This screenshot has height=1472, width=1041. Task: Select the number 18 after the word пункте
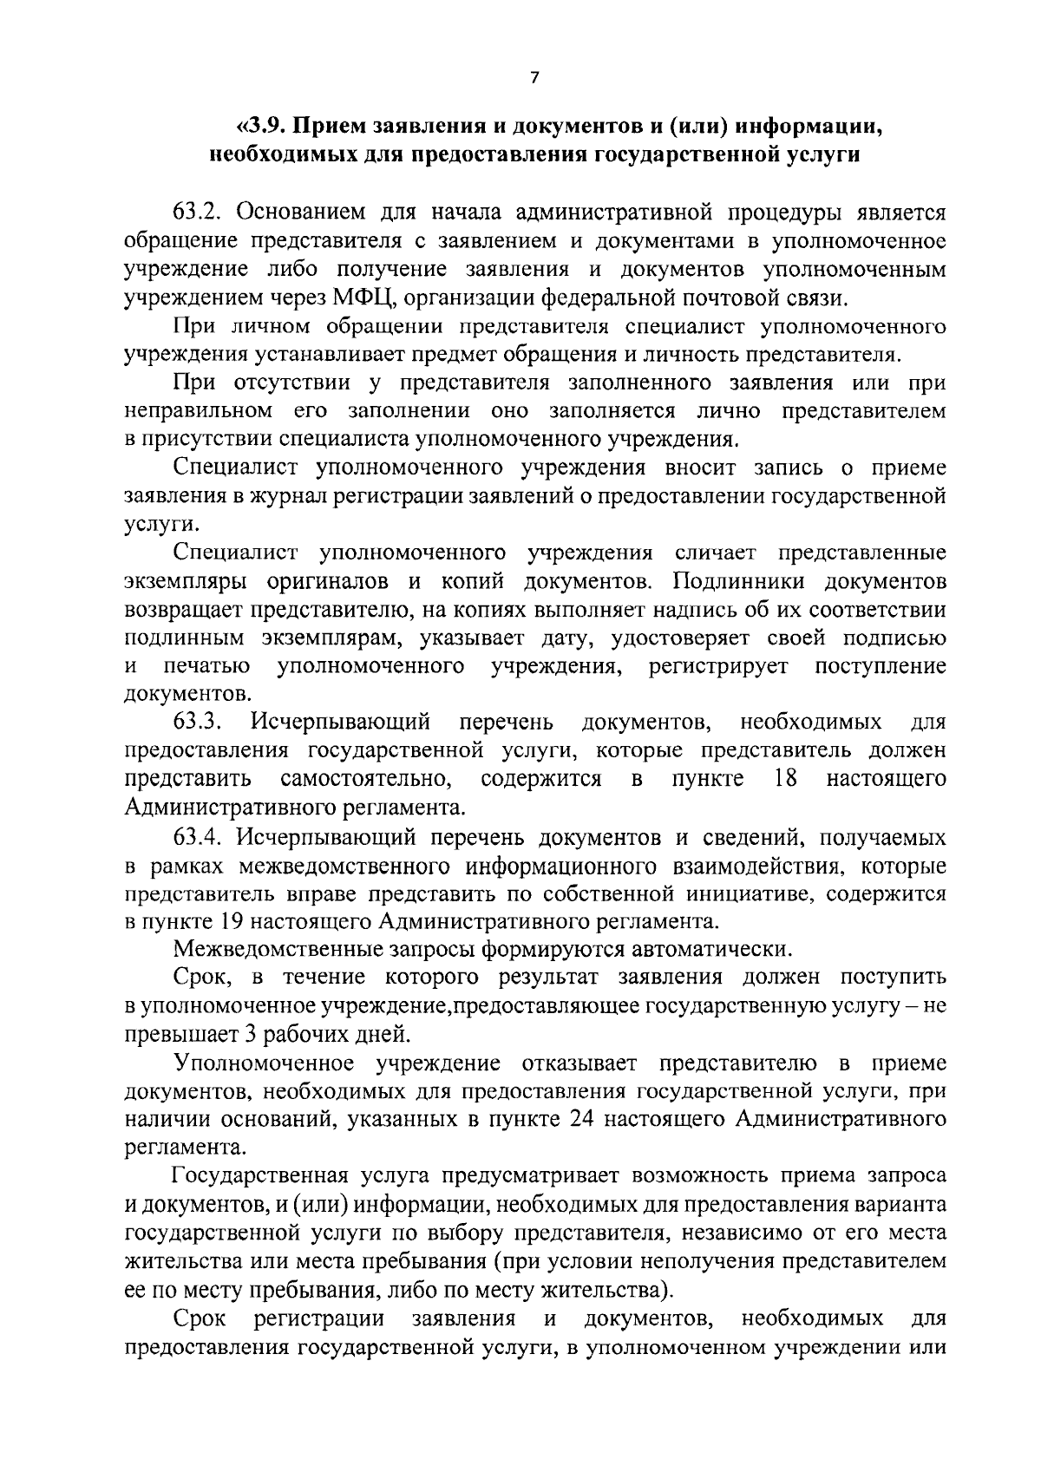[785, 778]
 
